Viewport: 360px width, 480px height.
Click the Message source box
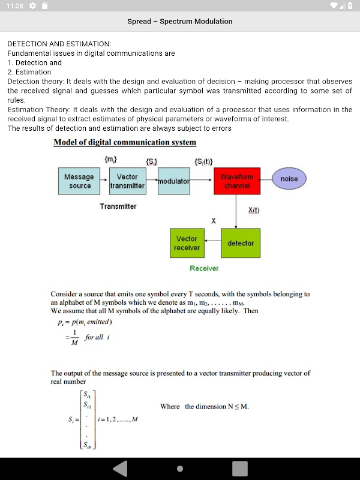pyautogui.click(x=80, y=181)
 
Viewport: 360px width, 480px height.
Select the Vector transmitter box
pyautogui.click(x=127, y=181)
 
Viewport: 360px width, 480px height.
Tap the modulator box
pyautogui.click(x=173, y=181)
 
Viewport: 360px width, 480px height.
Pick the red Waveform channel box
pyautogui.click(x=236, y=181)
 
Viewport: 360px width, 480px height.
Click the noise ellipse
pyautogui.click(x=289, y=179)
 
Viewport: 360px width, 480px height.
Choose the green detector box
pyautogui.click(x=241, y=243)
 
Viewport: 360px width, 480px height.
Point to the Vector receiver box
pyautogui.click(x=187, y=243)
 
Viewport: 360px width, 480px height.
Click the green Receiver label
pyautogui.click(x=204, y=268)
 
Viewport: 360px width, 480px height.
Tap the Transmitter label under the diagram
pyautogui.click(x=118, y=206)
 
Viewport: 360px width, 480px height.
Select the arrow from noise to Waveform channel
pyautogui.click(x=266, y=179)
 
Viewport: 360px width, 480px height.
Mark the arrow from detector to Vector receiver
pyautogui.click(x=212, y=243)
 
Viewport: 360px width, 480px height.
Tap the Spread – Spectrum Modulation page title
pyautogui.click(x=180, y=22)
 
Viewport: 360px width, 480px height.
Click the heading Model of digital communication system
pyautogui.click(x=125, y=142)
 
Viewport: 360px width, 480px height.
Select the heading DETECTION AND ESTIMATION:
pyautogui.click(x=59, y=44)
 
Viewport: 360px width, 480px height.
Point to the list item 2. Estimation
pyautogui.click(x=29, y=72)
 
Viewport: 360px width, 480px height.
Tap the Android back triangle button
pyautogui.click(x=120, y=469)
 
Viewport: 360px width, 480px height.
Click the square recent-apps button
pyautogui.click(x=240, y=469)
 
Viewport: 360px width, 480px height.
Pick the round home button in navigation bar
pyautogui.click(x=180, y=469)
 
